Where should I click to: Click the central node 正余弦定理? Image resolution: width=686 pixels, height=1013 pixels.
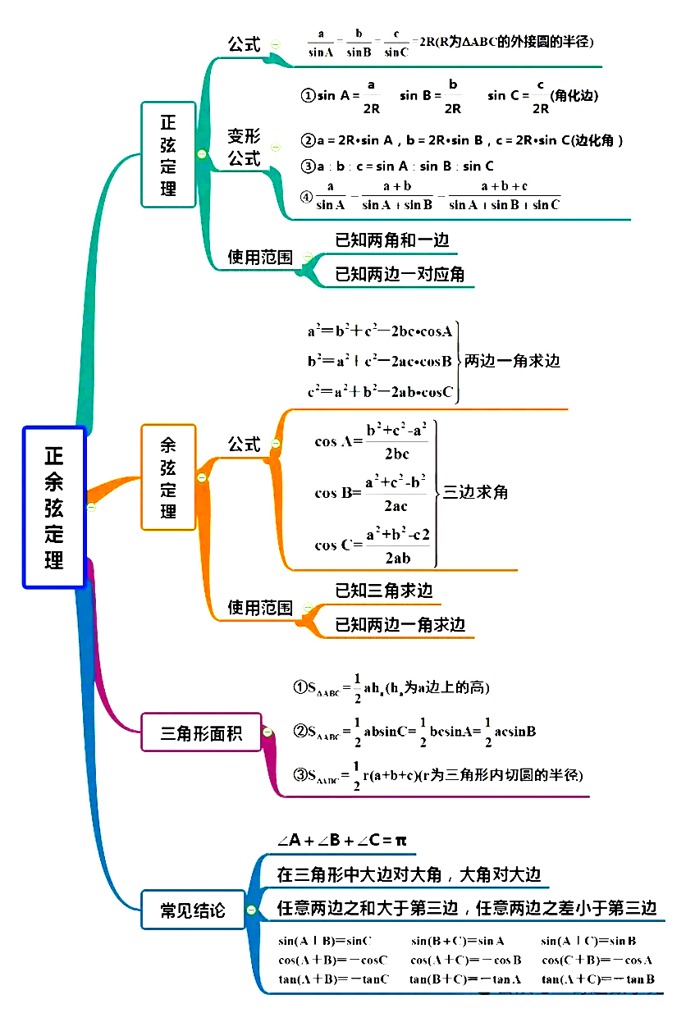coord(54,506)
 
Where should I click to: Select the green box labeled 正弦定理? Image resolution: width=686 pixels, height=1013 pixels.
coord(168,154)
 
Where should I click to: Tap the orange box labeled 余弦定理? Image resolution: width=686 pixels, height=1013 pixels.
coord(168,477)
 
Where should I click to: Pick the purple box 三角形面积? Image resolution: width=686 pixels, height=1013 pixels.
coord(201,732)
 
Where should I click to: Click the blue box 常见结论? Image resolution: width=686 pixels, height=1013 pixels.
coord(193,910)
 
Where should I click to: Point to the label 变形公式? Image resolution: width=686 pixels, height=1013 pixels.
coord(244,148)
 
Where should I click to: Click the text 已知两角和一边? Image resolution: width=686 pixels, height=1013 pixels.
coord(392,240)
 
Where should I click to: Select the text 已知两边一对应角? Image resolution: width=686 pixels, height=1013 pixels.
coord(400,274)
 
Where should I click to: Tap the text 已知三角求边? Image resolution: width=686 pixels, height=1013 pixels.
coord(383,591)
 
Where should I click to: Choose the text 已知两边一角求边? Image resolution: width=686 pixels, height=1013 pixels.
coord(400,625)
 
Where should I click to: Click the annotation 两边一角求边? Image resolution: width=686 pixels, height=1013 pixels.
coord(512,360)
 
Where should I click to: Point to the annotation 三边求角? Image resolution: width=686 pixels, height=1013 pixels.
coord(476,492)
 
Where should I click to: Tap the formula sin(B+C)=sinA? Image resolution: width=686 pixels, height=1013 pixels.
coord(458,941)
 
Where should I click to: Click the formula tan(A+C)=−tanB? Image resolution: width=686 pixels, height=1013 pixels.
coord(598,979)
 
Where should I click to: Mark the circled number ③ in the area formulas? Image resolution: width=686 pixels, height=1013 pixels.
coord(300,774)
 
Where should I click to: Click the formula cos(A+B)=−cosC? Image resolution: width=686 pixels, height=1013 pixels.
coord(333,960)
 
